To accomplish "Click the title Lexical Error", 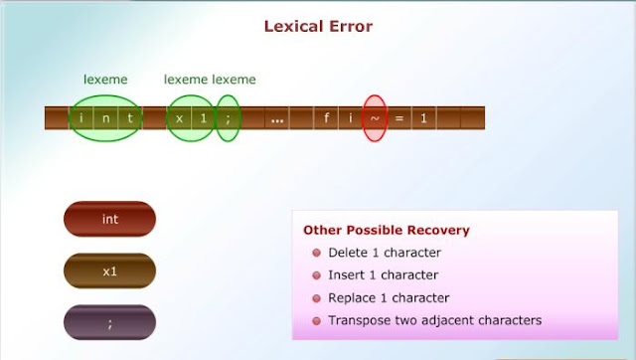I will (x=318, y=26).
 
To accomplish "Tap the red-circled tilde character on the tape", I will (x=375, y=119).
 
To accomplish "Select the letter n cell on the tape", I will (x=105, y=119).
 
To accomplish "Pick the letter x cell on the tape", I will (x=180, y=119).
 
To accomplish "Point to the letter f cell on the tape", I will (x=327, y=119).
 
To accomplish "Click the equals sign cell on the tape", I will (x=399, y=119).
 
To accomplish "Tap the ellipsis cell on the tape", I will (x=277, y=119).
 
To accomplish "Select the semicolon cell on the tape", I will (x=228, y=119).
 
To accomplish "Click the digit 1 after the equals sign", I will (x=423, y=119).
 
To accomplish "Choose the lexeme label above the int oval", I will (x=104, y=80).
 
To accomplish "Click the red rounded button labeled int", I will (x=109, y=219).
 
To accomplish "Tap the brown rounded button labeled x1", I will (x=109, y=270).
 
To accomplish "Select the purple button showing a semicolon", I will (x=109, y=322).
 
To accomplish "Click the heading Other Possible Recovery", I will (x=387, y=230).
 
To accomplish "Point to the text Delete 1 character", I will (x=385, y=253).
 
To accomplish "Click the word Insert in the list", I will (x=347, y=275).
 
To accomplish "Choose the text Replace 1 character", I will (x=389, y=298).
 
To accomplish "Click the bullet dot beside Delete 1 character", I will (x=316, y=253).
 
